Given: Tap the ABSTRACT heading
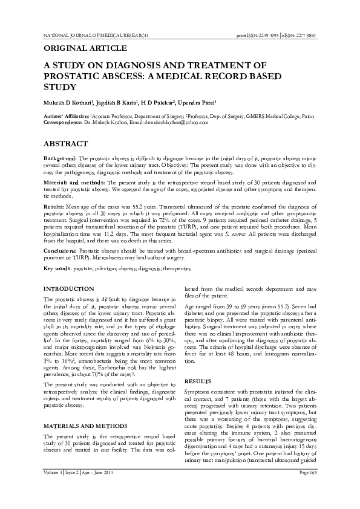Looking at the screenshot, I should (x=67, y=144).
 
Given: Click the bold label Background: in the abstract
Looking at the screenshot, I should (x=62, y=158).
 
